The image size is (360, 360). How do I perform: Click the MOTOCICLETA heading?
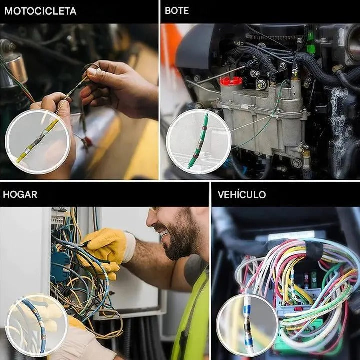click(x=40, y=11)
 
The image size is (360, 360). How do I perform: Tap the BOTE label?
click(x=177, y=11)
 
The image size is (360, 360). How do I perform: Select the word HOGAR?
click(x=20, y=194)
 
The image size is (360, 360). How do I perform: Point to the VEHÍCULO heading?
click(x=241, y=194)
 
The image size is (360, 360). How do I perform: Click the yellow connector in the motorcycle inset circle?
click(x=37, y=141)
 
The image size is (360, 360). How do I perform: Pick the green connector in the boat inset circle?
click(x=198, y=141)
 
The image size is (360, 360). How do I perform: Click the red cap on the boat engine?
click(x=230, y=80)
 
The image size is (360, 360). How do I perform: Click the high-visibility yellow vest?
click(x=192, y=320)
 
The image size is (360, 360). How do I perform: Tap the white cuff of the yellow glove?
click(x=129, y=247)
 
